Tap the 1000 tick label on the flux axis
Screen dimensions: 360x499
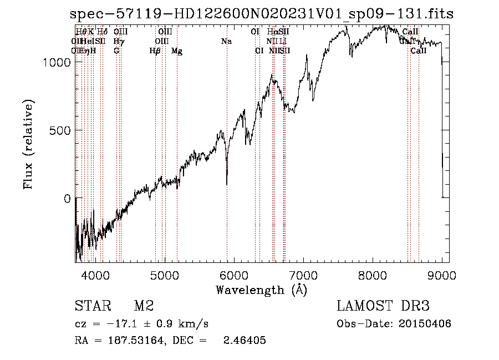point(57,63)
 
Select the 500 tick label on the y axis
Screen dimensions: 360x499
point(60,130)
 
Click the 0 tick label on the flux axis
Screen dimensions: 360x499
point(68,199)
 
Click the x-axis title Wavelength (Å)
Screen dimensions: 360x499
point(261,290)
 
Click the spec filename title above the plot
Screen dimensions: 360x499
point(261,14)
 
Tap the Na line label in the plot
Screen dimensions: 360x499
point(226,42)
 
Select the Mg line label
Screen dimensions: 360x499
point(177,51)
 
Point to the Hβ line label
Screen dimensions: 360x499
point(155,51)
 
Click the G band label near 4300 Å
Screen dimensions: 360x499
point(116,51)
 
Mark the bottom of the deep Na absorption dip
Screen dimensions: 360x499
point(227,184)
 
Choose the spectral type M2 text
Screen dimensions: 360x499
point(143,306)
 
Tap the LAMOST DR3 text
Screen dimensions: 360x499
point(383,306)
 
